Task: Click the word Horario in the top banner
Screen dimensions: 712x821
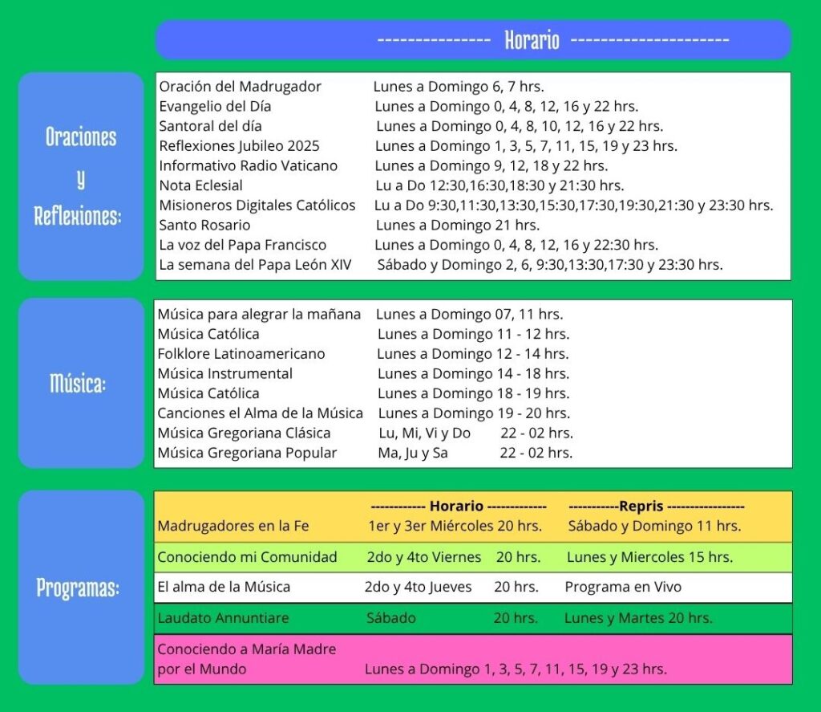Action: tap(532, 39)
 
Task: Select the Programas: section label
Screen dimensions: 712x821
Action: tap(78, 588)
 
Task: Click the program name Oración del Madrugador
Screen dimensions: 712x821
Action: tap(240, 87)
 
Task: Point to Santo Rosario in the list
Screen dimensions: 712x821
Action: tap(204, 225)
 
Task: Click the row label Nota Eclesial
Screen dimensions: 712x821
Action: tap(200, 185)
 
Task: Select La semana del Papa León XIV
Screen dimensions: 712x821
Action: tap(255, 264)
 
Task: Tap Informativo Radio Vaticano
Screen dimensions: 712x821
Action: tap(248, 165)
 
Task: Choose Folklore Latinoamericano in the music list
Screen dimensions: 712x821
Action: tap(241, 353)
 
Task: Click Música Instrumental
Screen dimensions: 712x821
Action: tap(224, 373)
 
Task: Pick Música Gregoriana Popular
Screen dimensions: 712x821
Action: tap(247, 453)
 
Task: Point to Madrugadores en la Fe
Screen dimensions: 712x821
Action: tap(233, 527)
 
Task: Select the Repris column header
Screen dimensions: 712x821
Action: tap(641, 507)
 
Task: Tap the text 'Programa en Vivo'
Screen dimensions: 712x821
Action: tap(623, 587)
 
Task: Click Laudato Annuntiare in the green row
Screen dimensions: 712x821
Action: tap(223, 618)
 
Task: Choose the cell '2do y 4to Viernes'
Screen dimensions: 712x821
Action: tap(424, 557)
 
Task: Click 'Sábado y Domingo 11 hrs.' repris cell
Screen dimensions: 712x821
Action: tap(654, 527)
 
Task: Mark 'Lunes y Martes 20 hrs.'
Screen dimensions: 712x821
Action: tap(638, 618)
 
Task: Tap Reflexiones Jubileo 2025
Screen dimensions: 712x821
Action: tap(239, 146)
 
